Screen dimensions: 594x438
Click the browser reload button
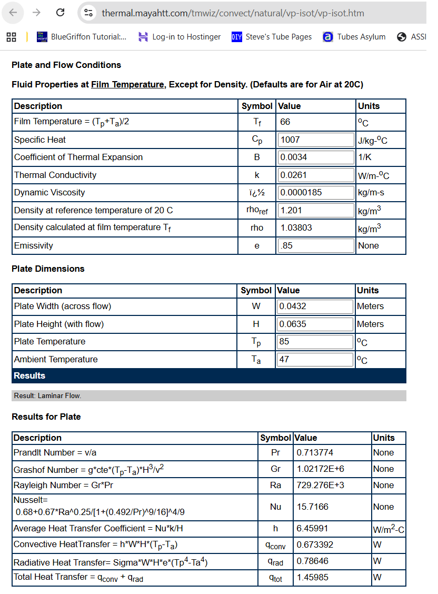(x=60, y=13)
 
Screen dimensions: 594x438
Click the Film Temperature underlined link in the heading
(x=127, y=84)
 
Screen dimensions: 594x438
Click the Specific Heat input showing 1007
(x=316, y=140)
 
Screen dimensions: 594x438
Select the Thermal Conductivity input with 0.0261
(x=316, y=175)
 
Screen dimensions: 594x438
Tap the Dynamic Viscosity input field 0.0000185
(x=316, y=192)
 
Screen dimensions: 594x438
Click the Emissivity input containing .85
(x=316, y=245)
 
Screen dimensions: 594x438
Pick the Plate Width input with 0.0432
(x=315, y=306)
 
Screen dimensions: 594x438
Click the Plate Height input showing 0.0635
(x=315, y=324)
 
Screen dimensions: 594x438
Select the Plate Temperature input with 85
(x=315, y=341)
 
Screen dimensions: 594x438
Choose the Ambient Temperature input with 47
(x=315, y=359)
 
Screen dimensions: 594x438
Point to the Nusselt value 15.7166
(x=312, y=507)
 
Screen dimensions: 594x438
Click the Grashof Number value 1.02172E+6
(x=321, y=469)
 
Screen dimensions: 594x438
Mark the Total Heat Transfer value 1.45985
(x=312, y=577)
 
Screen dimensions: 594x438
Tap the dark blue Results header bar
(x=208, y=376)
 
